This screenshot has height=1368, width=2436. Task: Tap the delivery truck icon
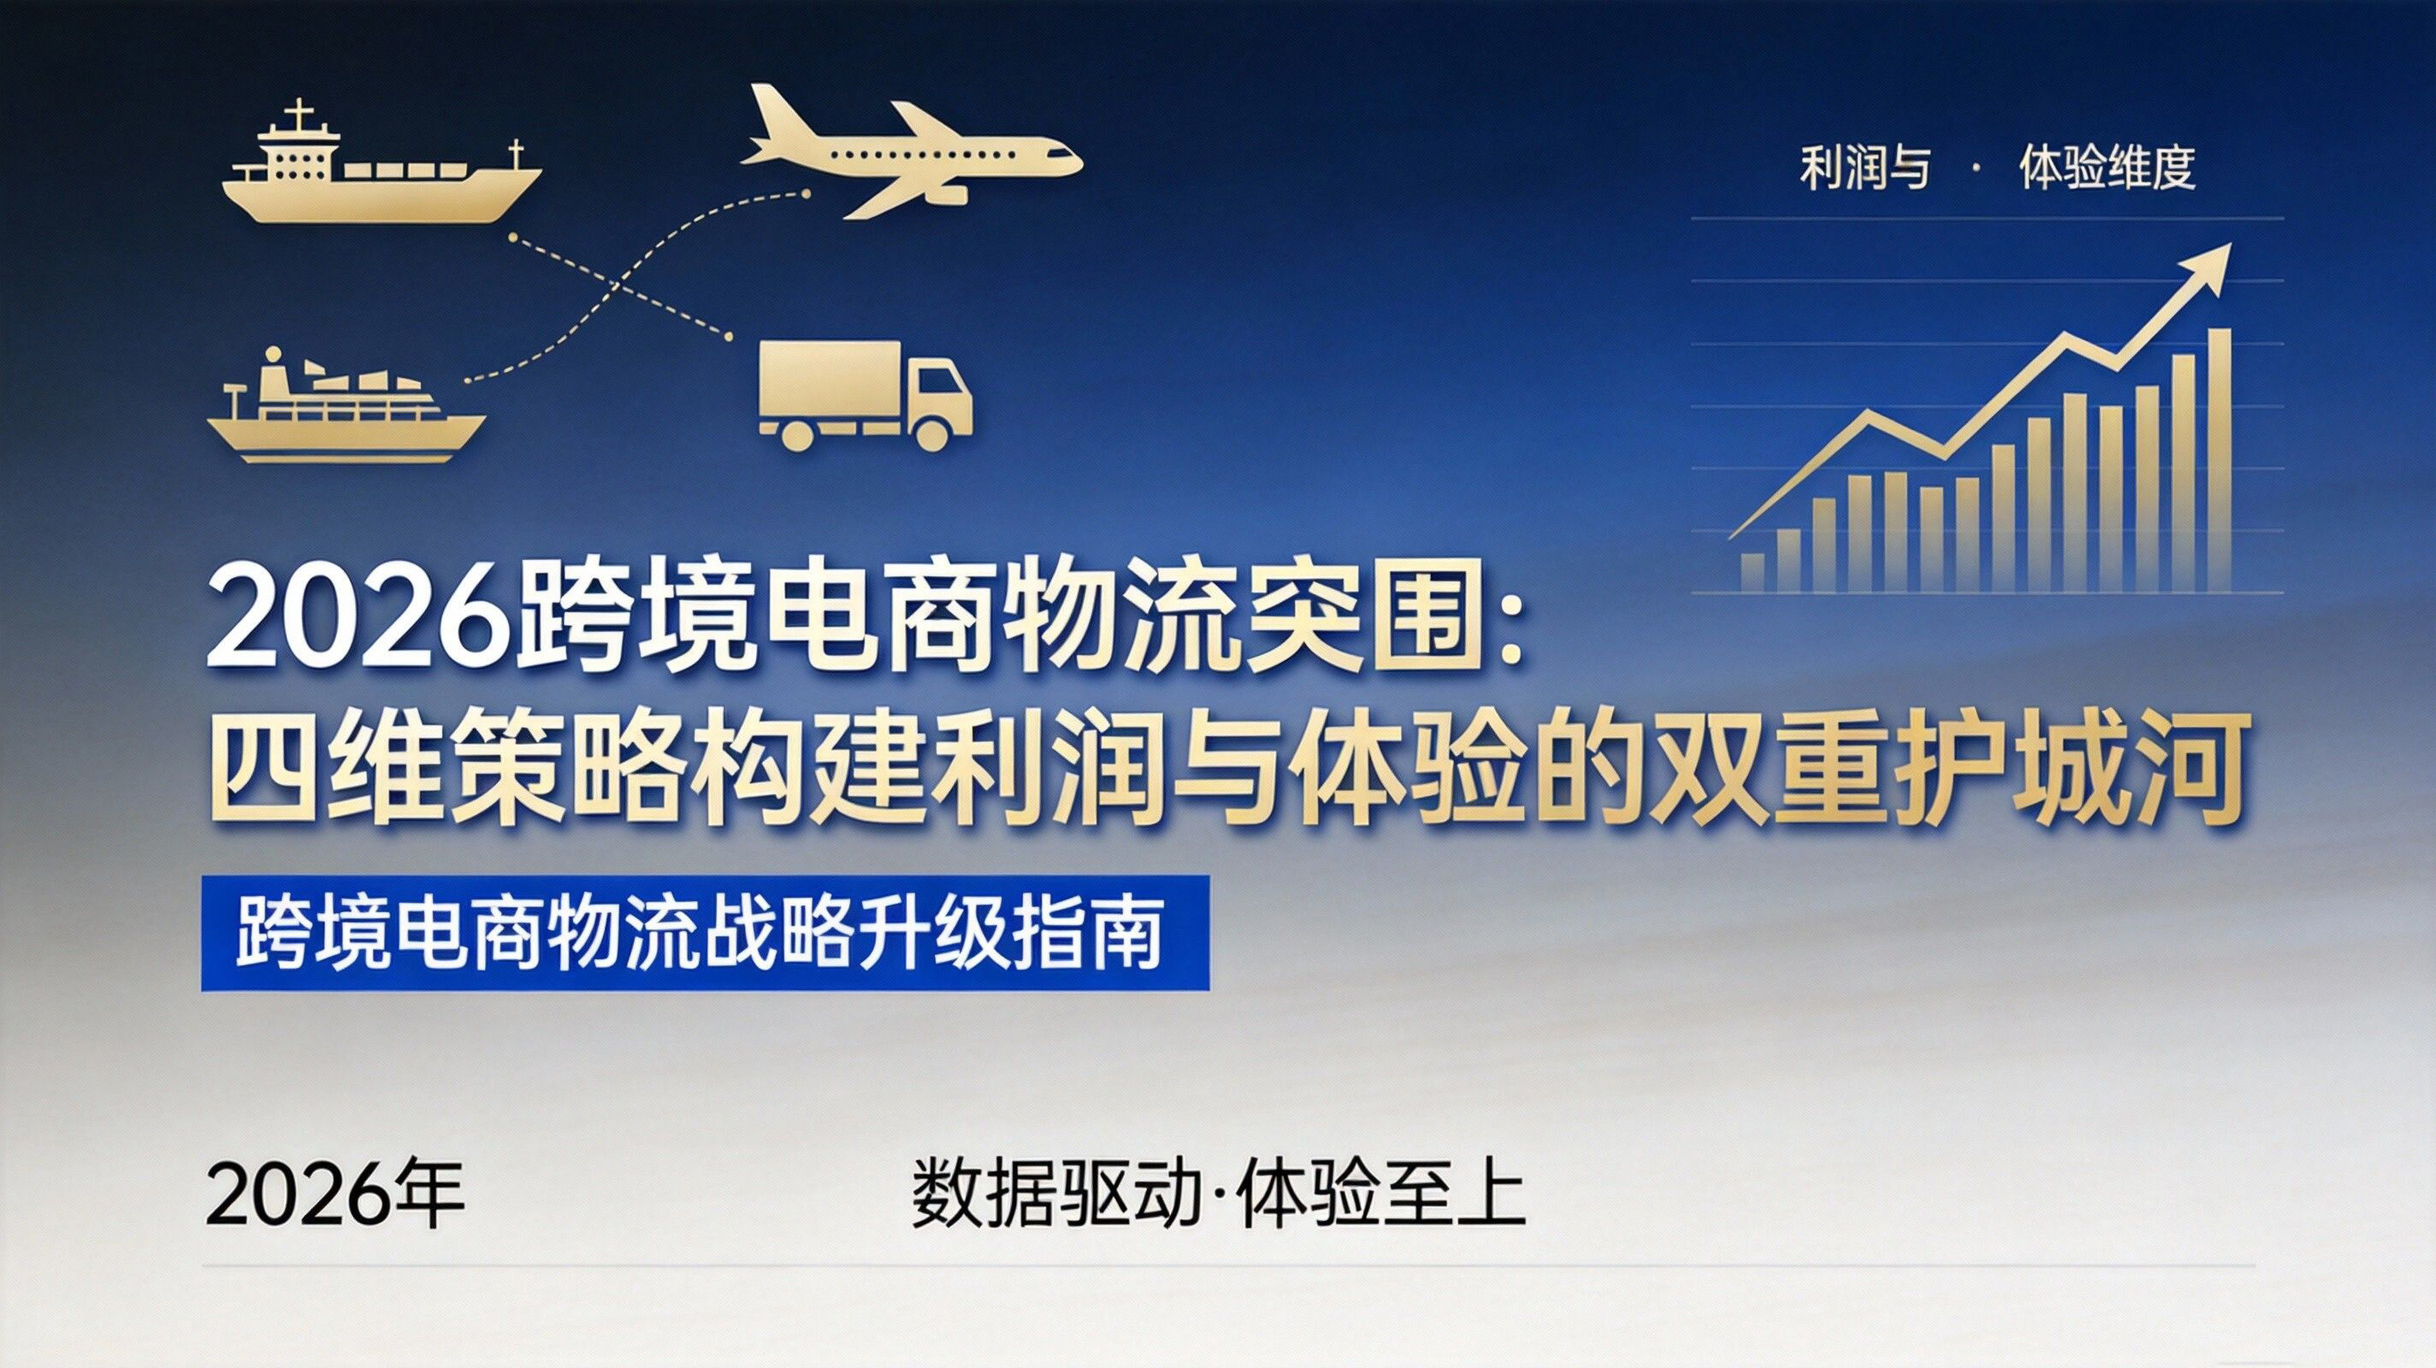[866, 394]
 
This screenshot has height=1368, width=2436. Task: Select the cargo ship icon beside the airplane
[382, 167]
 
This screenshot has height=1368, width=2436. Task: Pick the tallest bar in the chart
[2219, 460]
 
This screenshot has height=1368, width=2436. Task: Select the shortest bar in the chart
[1753, 573]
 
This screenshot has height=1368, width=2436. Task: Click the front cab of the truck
[940, 397]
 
